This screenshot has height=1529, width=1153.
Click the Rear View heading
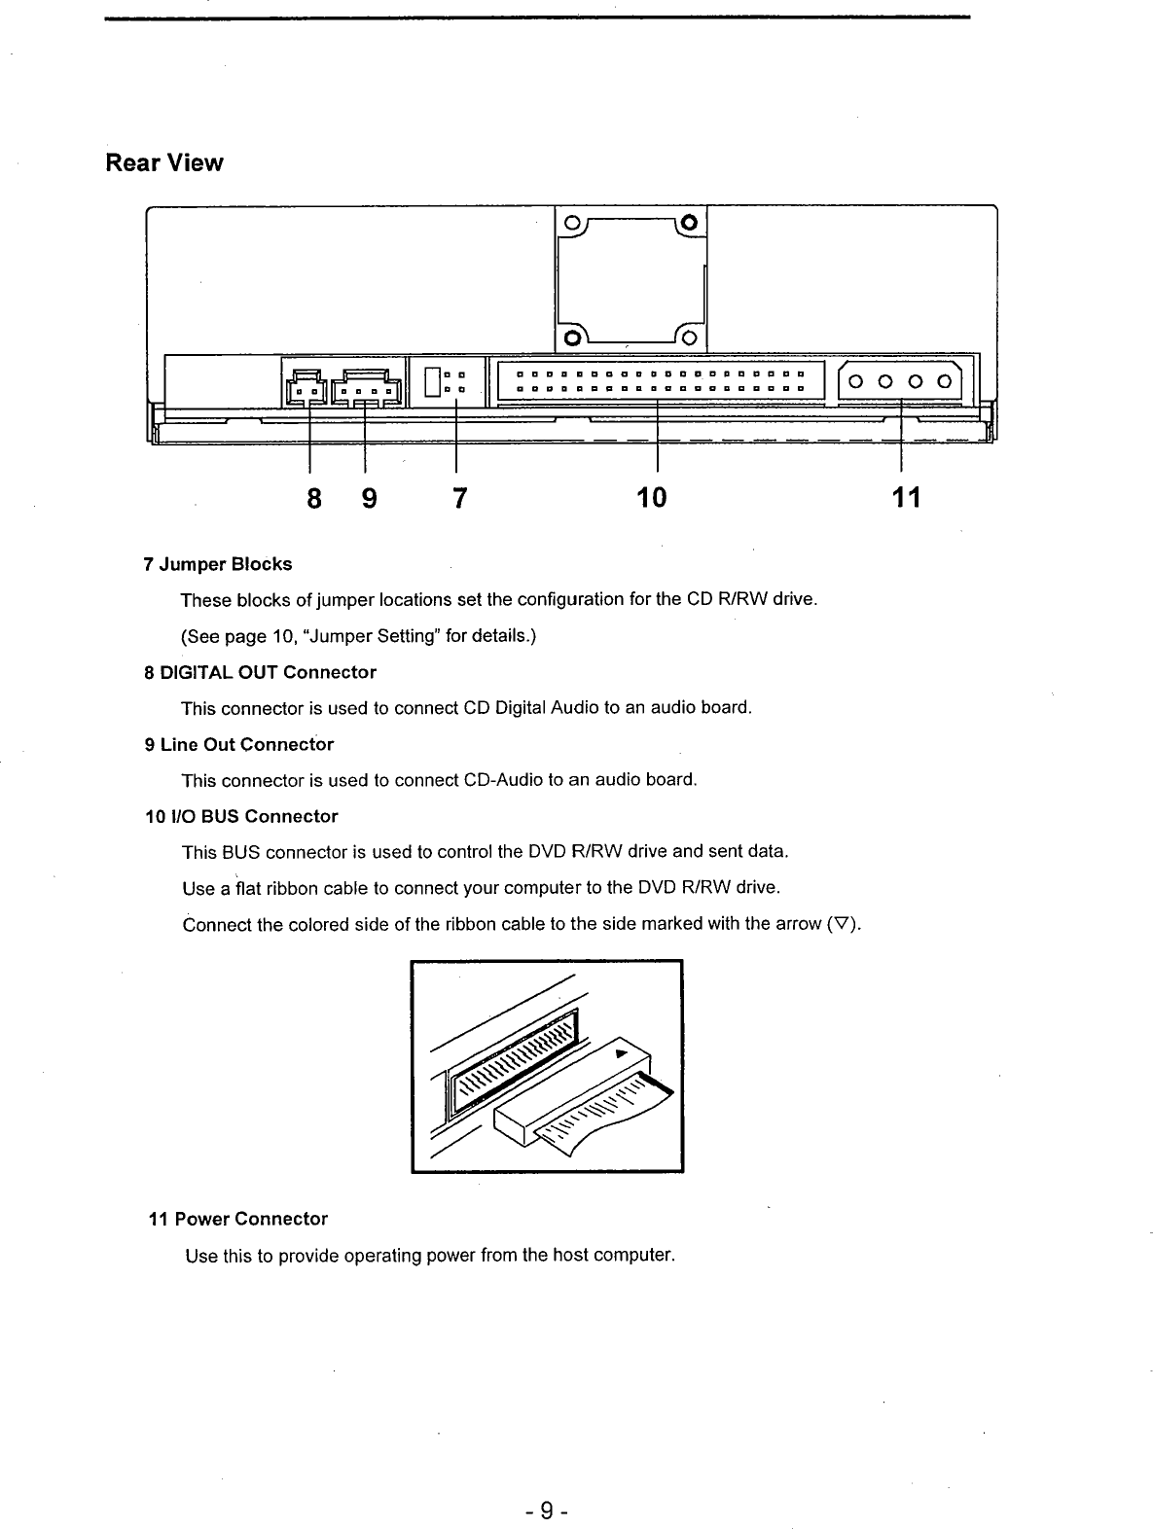click(x=164, y=162)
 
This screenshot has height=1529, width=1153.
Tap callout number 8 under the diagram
click(x=313, y=499)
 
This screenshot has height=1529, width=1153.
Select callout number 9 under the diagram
click(x=369, y=499)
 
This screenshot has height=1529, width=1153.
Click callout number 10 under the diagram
click(x=652, y=499)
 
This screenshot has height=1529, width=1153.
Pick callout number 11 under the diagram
click(x=905, y=499)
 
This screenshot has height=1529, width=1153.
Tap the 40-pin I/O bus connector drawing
click(x=659, y=380)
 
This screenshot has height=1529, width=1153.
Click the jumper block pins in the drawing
click(x=453, y=381)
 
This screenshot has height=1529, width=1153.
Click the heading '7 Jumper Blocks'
click(x=217, y=564)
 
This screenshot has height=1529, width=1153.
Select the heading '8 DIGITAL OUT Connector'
click(x=260, y=672)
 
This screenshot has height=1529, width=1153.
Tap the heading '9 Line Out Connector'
click(x=238, y=744)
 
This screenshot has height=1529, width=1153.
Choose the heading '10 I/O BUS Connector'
click(x=240, y=816)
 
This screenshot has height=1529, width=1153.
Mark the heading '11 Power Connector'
click(x=237, y=1219)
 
